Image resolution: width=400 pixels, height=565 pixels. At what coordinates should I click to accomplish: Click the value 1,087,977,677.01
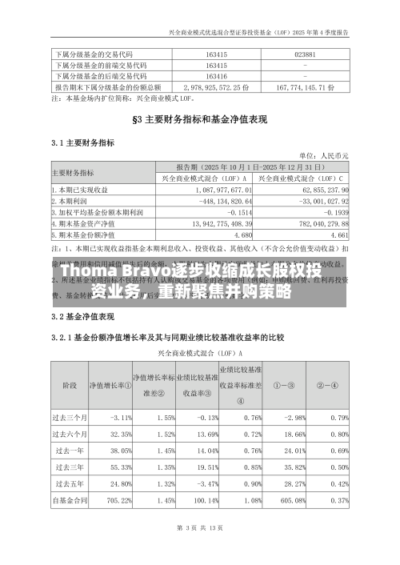[x=223, y=190]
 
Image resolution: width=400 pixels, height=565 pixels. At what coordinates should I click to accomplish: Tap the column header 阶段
[x=69, y=384]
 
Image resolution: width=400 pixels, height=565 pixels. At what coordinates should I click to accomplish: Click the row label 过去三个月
[x=70, y=418]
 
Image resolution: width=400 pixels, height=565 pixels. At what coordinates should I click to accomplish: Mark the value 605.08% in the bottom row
[x=293, y=501]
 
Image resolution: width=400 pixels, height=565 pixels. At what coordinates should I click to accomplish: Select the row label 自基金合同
[x=70, y=501]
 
